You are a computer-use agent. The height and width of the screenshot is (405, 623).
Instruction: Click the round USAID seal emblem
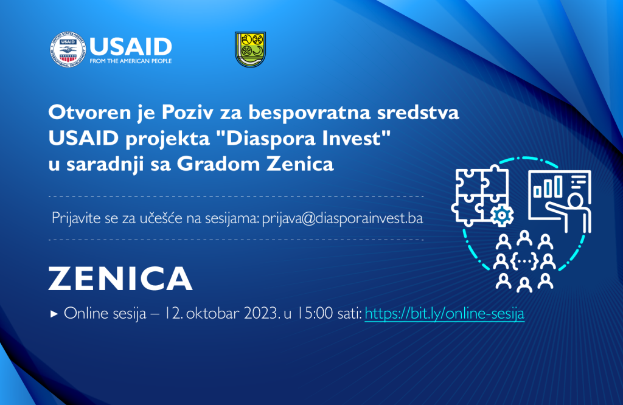tap(68, 50)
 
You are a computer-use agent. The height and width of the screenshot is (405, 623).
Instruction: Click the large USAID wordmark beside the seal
tap(131, 47)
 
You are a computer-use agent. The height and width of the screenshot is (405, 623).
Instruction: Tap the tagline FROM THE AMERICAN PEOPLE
tap(131, 61)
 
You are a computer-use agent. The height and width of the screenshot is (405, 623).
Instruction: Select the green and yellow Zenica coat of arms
tap(250, 49)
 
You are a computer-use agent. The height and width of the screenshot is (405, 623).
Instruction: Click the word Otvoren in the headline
tap(90, 112)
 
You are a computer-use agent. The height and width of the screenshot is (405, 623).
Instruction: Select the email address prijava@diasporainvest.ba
tap(343, 218)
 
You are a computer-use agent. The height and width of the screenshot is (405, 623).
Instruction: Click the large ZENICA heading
tap(120, 279)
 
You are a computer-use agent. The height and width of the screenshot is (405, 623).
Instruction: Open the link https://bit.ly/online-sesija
tap(445, 313)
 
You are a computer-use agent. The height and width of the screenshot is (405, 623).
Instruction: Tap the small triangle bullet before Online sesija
tap(54, 314)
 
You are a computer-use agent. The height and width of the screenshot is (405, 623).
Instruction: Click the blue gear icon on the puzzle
tap(502, 215)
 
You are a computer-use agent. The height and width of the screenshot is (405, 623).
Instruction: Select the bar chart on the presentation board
tap(548, 187)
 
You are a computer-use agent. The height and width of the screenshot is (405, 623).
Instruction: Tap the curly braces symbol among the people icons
tap(524, 261)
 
